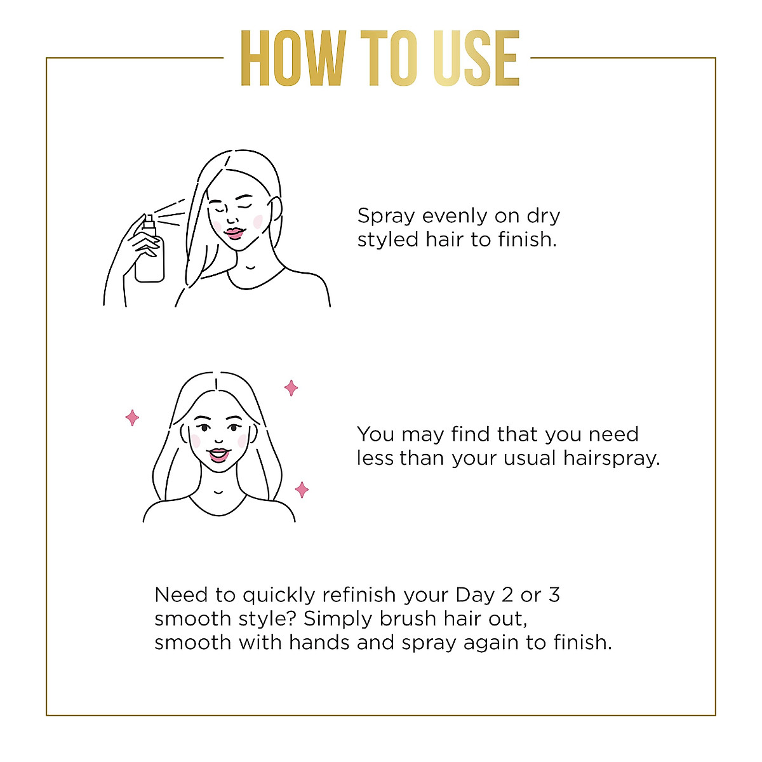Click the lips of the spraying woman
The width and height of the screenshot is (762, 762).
234,233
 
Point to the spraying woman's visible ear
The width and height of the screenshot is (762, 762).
276,210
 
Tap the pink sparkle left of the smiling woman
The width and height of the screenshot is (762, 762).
132,417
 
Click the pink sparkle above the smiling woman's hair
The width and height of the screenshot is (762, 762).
291,387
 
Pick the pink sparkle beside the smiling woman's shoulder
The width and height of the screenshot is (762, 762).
302,490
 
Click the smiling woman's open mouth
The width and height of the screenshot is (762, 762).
218,455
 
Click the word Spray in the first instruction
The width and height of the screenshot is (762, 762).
386,217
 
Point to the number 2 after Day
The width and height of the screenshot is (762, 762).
507,595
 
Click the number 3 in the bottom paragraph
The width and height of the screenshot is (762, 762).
554,595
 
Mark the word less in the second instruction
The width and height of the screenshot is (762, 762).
375,458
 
